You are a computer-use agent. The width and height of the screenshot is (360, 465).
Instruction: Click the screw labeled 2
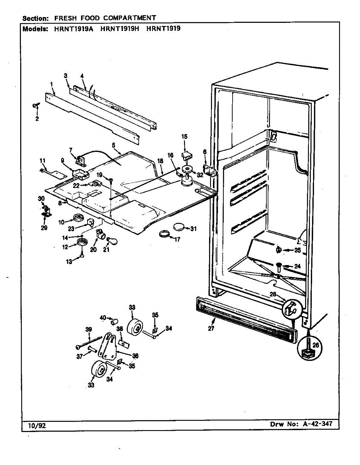pos(36,105)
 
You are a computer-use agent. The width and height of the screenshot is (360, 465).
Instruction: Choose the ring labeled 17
pos(165,234)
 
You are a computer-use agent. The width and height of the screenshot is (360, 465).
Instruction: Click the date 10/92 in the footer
pos(37,425)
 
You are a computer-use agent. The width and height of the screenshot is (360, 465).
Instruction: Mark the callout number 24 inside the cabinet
pos(297,266)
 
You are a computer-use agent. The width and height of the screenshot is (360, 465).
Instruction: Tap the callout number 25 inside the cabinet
pos(297,250)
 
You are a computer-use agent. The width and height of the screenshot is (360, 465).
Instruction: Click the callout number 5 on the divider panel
pos(113,145)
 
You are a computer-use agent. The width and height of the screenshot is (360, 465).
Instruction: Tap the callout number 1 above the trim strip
pos(51,84)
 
